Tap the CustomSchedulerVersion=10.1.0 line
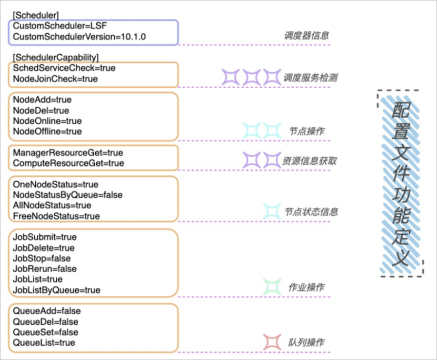tap(80, 36)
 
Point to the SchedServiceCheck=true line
tap(64, 68)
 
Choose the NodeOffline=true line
tap(47, 131)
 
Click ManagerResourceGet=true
tap(67, 153)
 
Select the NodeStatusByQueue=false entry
tap(67, 195)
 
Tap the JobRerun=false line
tap(45, 268)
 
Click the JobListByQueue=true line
tap(56, 290)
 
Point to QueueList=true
tap(44, 343)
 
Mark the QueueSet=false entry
tap(45, 332)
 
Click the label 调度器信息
tap(306, 36)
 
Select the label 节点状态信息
tap(311, 212)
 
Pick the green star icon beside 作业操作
tap(272, 287)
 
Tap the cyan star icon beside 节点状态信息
tap(272, 212)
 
